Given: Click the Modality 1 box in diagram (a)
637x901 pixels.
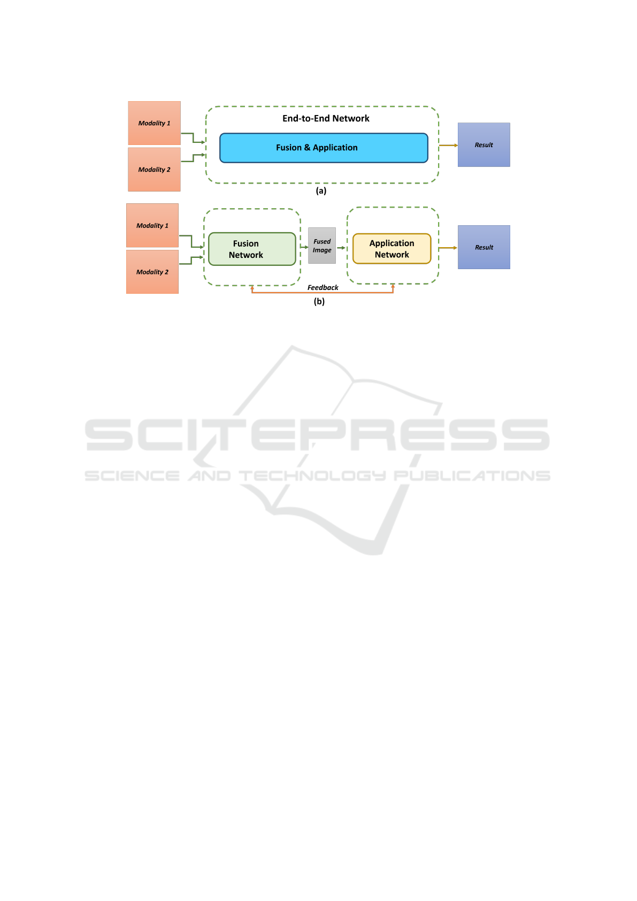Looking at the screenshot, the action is [154, 123].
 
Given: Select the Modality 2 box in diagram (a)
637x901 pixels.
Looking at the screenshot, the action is [154, 170].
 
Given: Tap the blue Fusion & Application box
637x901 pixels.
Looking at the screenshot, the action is [324, 148].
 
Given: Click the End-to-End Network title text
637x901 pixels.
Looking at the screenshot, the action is [326, 118].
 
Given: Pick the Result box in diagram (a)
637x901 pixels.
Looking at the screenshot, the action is [484, 145].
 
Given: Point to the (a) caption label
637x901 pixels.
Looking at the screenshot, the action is [321, 190].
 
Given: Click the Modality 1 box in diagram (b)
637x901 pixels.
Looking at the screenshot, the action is [152, 225].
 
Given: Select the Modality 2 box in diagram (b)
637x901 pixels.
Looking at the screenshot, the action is [152, 272].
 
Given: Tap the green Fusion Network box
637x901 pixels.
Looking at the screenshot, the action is [252, 249].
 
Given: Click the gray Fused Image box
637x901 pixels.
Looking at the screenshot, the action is [322, 246].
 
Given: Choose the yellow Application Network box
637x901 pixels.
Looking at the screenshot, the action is [392, 249].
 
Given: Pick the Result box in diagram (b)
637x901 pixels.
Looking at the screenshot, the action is [484, 247].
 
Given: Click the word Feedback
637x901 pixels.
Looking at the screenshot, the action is [323, 288].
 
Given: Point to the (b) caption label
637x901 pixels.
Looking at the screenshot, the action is [319, 301].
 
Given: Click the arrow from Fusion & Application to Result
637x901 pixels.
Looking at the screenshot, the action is [448, 145].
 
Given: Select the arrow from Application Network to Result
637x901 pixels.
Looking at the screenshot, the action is [448, 248].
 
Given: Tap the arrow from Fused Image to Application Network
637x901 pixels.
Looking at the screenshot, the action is [341, 248].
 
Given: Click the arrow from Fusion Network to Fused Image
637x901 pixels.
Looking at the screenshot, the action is [304, 247].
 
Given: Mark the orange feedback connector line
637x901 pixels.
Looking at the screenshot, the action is [323, 293].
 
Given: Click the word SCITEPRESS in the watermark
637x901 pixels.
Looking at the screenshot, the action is [317, 435].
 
